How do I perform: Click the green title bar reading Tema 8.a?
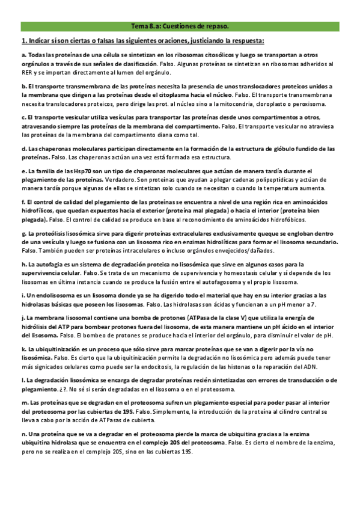coord(180,26)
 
